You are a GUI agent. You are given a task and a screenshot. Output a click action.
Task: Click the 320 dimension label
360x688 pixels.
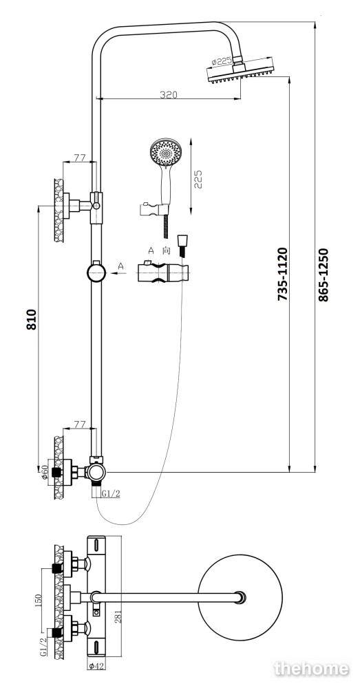[x=168, y=94]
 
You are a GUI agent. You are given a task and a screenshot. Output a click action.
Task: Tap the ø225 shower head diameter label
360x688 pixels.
[x=221, y=61]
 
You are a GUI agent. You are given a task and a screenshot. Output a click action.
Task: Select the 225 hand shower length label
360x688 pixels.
[x=198, y=179]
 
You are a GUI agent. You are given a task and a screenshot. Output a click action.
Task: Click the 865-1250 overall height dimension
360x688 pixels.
[x=323, y=275]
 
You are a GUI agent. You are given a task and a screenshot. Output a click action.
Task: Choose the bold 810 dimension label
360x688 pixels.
[x=31, y=319]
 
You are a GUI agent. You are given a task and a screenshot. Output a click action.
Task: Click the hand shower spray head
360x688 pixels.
[x=165, y=152]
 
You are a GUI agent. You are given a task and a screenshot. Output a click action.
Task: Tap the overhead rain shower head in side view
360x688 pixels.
[x=241, y=72]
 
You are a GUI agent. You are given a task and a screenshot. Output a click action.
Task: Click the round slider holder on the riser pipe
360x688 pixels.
[x=96, y=272]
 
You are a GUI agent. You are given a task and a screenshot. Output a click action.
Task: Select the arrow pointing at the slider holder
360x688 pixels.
[x=118, y=273]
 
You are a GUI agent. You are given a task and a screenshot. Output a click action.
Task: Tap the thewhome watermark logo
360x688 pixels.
[x=312, y=669]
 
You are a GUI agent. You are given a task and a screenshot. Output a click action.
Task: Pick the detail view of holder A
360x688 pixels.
[x=163, y=272]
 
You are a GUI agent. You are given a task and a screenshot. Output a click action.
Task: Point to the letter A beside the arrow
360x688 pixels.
[x=120, y=266]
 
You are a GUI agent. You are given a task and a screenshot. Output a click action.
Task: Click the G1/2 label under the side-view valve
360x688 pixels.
[x=111, y=493]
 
